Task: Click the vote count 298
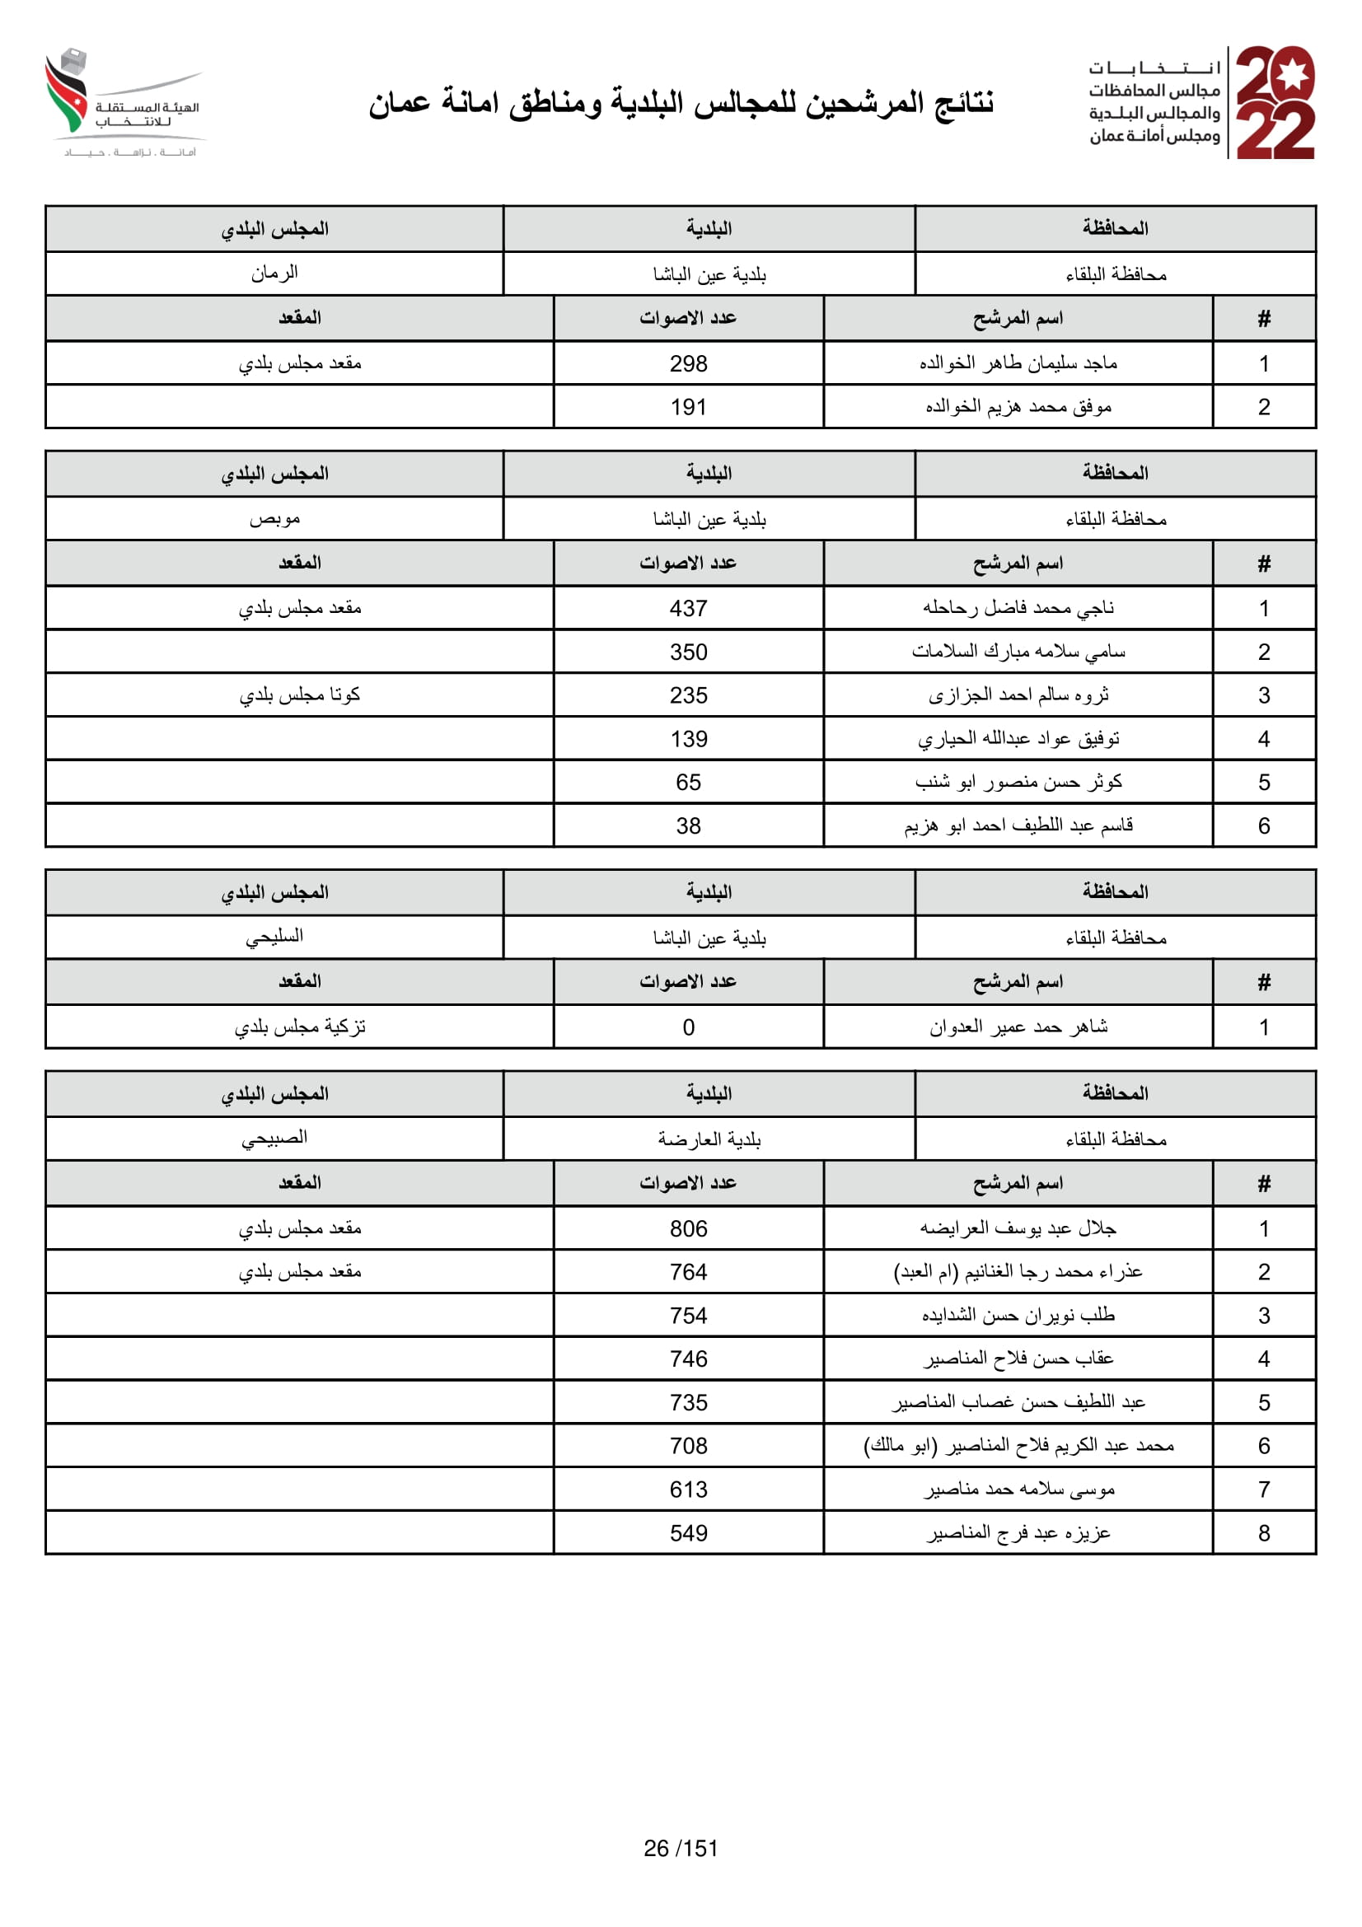(688, 363)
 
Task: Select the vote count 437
(688, 609)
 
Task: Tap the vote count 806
(688, 1228)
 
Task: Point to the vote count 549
(688, 1533)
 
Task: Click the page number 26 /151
(681, 1847)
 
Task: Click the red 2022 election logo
(1274, 102)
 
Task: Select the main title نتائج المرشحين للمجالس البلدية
(681, 103)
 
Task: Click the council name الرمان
(274, 274)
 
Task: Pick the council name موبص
(274, 519)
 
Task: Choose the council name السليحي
(274, 937)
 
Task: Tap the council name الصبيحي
(274, 1138)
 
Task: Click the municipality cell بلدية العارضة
(709, 1139)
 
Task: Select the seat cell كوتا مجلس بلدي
(300, 695)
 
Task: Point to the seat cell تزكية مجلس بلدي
(300, 1027)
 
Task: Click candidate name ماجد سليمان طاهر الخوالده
(1018, 363)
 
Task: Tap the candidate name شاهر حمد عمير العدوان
(1018, 1027)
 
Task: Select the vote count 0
(688, 1027)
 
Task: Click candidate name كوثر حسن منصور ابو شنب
(1018, 782)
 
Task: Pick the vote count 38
(688, 826)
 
